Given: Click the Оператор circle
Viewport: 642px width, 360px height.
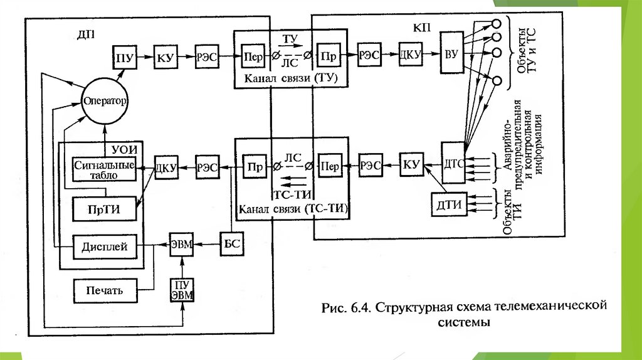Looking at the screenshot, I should coord(104,100).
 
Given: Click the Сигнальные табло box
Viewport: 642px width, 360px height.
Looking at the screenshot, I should coord(105,169).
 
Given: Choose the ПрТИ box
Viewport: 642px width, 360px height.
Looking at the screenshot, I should coord(104,209).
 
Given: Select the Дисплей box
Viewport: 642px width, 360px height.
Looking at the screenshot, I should coord(104,247).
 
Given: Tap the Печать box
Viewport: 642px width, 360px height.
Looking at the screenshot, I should coord(104,290).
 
